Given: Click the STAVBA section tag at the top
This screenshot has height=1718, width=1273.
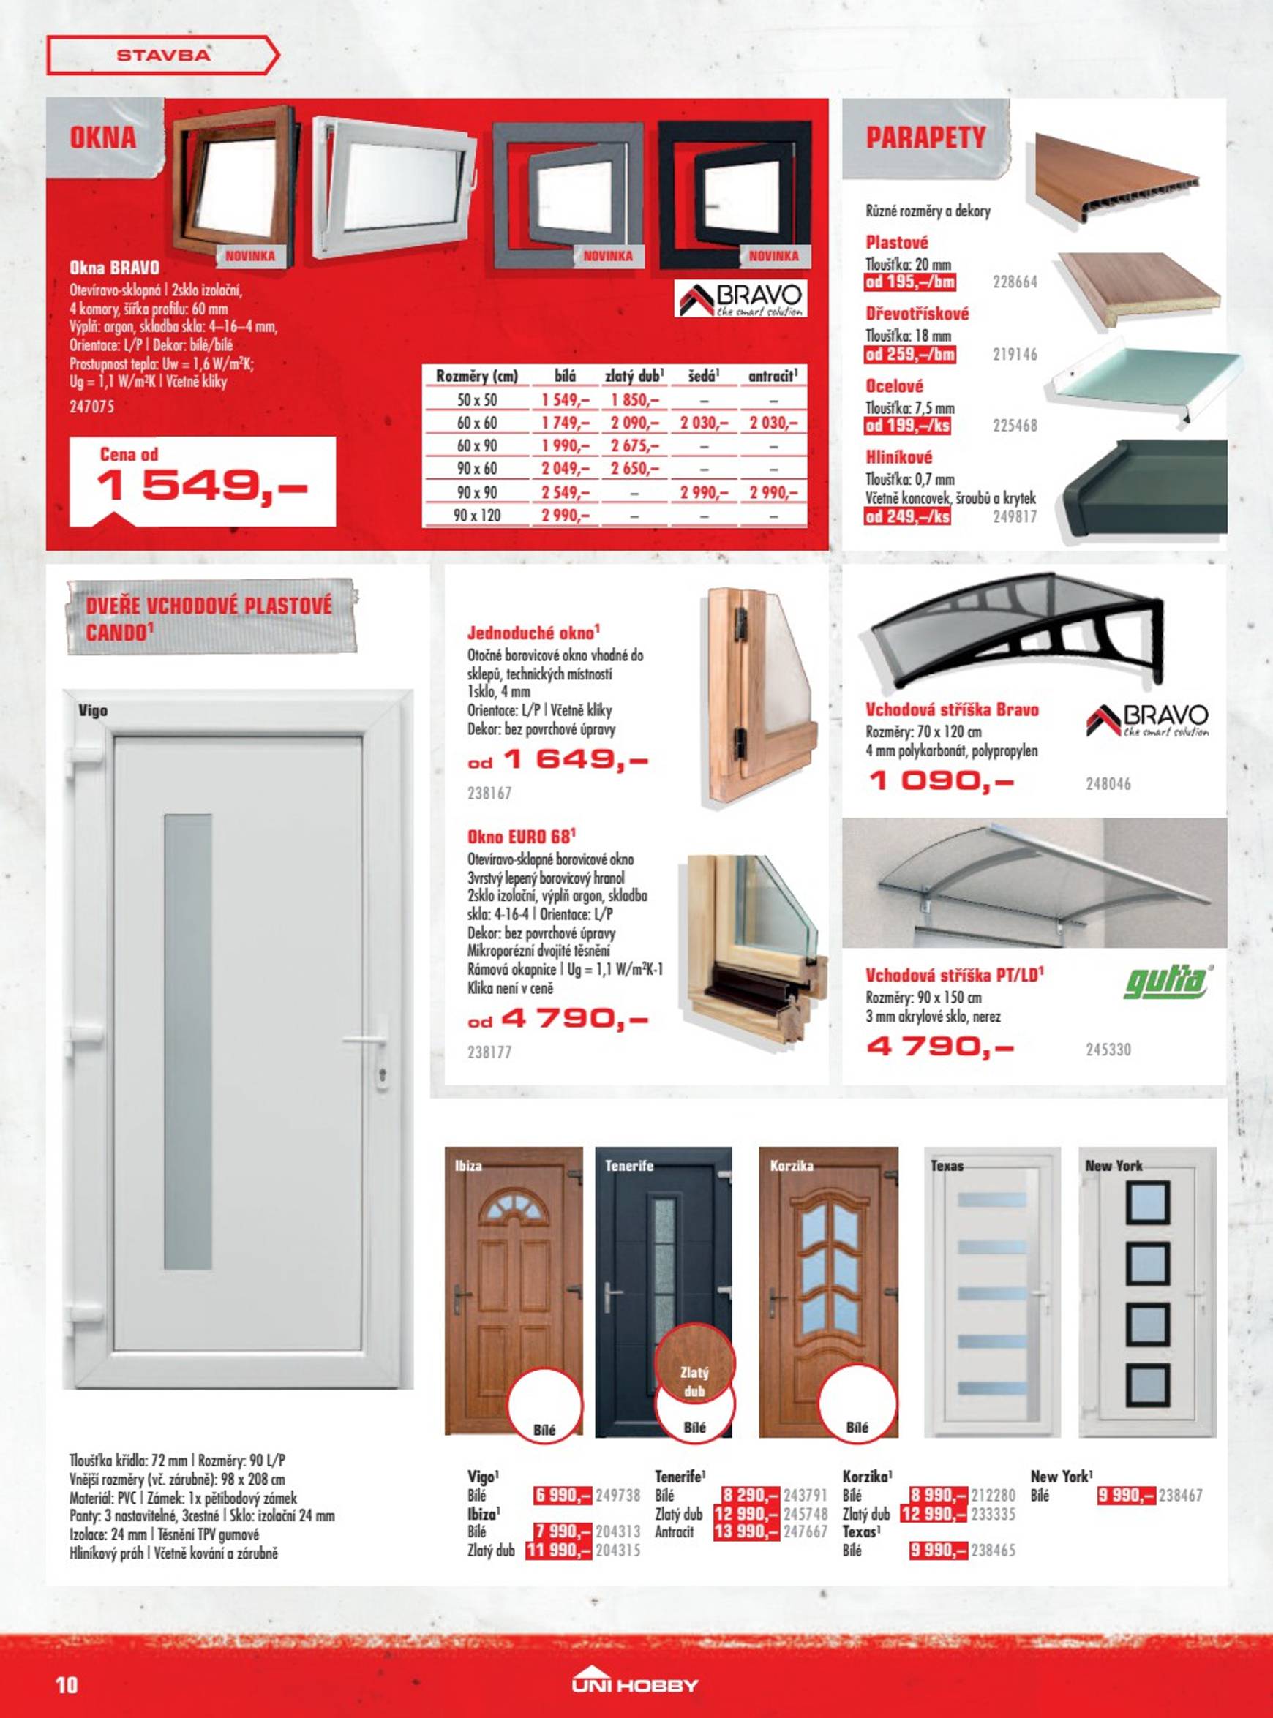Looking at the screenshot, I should point(162,56).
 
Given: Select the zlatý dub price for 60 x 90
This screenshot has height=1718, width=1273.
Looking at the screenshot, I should point(634,446).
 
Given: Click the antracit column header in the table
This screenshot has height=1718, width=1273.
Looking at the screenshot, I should point(773,377).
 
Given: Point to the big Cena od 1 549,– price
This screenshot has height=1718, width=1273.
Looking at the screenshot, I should point(203,485).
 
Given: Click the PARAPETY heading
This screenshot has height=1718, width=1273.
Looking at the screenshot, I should point(925,138).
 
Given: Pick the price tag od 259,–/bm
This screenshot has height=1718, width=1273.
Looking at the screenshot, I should point(910,355).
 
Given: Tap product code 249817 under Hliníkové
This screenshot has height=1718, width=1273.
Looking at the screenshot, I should point(1015,516).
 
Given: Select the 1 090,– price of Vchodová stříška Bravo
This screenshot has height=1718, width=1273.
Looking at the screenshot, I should point(941,782).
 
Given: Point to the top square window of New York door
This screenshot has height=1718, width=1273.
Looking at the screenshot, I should point(1147,1202).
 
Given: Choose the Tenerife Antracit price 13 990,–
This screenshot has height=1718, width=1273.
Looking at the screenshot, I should point(748,1532).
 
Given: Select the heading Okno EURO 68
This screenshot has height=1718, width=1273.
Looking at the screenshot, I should point(521,837).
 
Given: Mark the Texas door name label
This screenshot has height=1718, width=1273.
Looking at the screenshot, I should point(946,1166).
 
